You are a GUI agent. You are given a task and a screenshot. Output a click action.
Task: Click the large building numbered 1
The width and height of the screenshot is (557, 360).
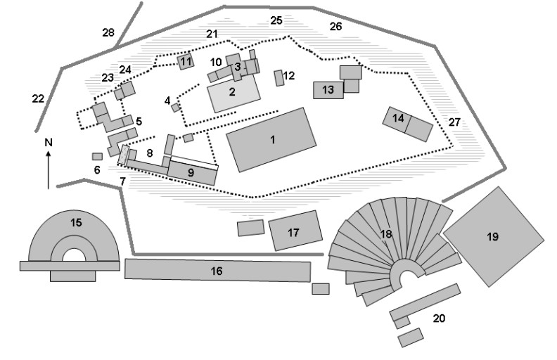point(272,140)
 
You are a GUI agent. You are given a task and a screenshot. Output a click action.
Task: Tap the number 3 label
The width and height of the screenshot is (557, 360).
point(238,67)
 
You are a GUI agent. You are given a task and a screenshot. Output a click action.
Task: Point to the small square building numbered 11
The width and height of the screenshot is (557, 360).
point(186,61)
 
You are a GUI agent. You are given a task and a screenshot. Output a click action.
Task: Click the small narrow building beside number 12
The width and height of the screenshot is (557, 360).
point(279,77)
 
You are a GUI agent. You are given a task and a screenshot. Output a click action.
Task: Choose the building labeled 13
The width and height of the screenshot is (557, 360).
point(328,90)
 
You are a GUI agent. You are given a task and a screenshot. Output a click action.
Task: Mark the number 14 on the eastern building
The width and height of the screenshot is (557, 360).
point(399,118)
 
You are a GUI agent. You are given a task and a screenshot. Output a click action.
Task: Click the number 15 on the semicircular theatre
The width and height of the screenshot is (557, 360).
point(76,223)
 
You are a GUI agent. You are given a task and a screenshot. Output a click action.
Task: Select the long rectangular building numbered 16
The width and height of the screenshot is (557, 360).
point(217,271)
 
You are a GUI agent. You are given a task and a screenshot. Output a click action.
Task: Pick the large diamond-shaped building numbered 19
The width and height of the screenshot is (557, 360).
point(492,237)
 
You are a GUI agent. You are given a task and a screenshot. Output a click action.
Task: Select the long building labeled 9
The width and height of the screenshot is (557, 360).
point(191,171)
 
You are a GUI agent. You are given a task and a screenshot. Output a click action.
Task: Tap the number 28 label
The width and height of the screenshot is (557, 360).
point(108,33)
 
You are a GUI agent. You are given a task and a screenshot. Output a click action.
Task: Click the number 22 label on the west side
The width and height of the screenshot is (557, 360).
point(38,98)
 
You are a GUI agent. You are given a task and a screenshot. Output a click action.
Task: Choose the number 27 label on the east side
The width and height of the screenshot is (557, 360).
point(455,122)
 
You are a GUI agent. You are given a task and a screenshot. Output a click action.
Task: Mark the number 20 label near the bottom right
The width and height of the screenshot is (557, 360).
point(439,319)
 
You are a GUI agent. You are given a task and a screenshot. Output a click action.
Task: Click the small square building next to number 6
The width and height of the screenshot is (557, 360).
point(97,156)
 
